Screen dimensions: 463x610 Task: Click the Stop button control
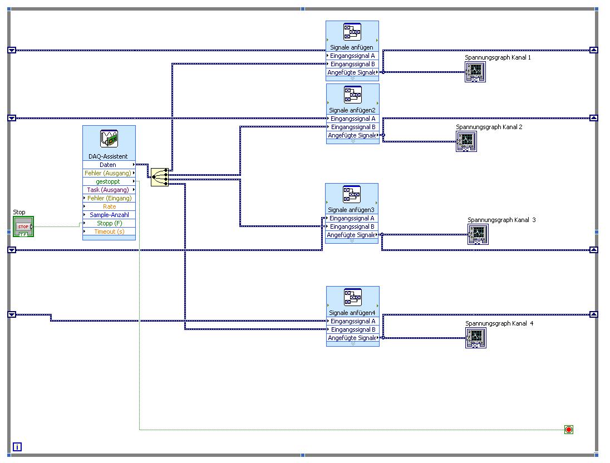(23, 226)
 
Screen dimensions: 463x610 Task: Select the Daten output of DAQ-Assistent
(109, 165)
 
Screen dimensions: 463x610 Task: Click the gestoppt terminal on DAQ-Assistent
(109, 181)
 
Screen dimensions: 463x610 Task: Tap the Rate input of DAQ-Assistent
(109, 206)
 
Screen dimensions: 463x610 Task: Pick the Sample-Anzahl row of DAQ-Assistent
(109, 215)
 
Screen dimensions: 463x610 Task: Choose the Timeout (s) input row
(109, 231)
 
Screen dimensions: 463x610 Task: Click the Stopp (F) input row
(109, 223)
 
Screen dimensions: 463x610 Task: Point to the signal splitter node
(159, 177)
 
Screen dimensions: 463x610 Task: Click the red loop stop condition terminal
(568, 430)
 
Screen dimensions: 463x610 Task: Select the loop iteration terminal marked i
(17, 447)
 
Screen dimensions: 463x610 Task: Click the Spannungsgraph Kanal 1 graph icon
(475, 72)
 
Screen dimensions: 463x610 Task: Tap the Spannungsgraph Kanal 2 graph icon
(466, 141)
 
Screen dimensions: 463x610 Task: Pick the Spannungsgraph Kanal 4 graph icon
(475, 338)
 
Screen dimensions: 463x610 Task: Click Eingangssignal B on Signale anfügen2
(353, 127)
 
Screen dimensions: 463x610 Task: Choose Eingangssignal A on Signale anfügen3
(352, 218)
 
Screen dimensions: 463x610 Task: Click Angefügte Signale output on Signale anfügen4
(353, 338)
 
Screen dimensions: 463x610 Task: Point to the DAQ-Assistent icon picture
(109, 139)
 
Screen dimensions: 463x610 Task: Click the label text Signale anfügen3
(351, 210)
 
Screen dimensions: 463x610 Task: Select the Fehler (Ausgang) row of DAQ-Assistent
(109, 173)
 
